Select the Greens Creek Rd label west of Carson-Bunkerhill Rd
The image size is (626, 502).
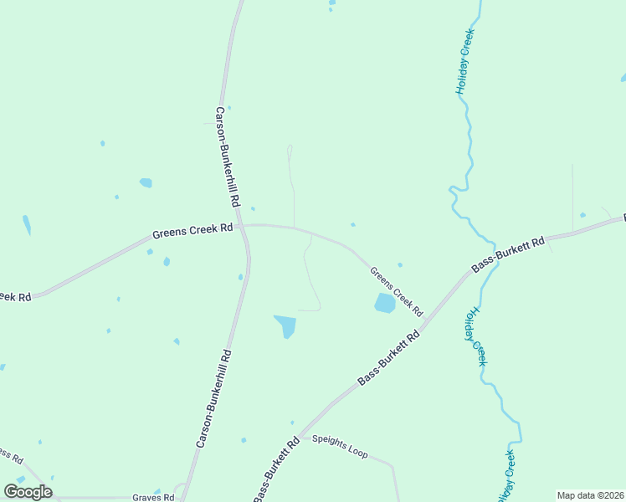tap(192, 229)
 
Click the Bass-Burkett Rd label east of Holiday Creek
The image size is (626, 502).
tap(508, 254)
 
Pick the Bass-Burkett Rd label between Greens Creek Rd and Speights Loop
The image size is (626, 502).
tap(388, 359)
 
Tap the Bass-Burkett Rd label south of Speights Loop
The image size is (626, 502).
tap(277, 465)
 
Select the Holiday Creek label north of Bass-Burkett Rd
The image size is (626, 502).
tap(464, 61)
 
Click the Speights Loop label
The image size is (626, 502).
tap(340, 446)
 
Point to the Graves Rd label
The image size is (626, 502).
tap(153, 497)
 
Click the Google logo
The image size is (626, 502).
tap(28, 492)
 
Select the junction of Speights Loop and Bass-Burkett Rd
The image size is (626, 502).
tap(303, 433)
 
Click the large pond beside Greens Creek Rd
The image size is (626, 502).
tap(384, 303)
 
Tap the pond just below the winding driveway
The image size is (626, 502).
tap(285, 325)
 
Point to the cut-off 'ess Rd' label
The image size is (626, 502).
tap(11, 456)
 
